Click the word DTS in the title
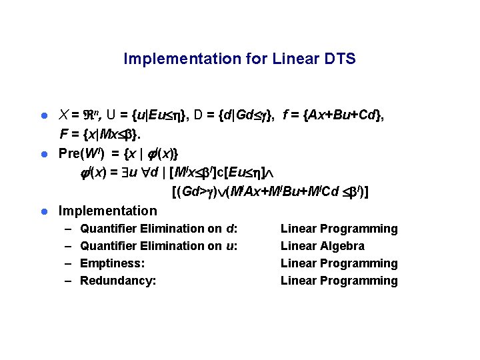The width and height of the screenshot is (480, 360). [x=341, y=59]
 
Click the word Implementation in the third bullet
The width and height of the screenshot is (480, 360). [x=108, y=211]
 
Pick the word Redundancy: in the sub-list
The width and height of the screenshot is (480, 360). [x=118, y=281]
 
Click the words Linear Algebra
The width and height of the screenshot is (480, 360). [x=323, y=246]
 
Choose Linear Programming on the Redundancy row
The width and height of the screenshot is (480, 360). [x=339, y=281]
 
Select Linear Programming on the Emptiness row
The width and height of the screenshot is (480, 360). [x=339, y=263]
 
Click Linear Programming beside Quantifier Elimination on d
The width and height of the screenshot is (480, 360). [x=339, y=229]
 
